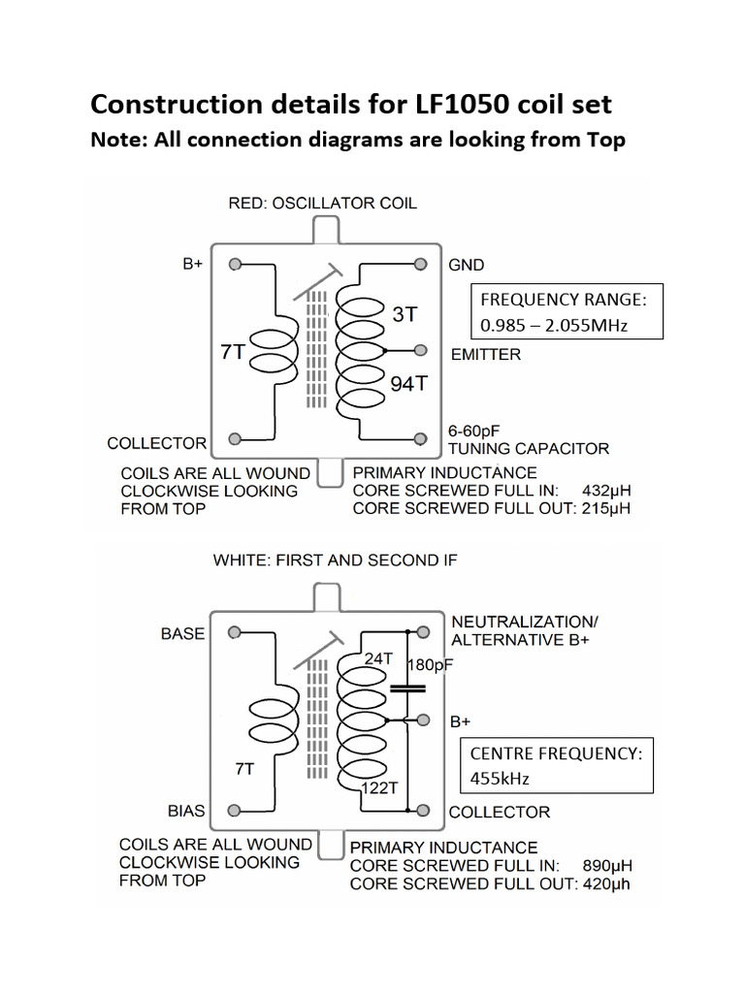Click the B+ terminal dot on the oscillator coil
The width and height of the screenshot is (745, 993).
pos(234,264)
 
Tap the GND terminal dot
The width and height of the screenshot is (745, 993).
pos(421,264)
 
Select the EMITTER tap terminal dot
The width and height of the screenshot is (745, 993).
pos(421,349)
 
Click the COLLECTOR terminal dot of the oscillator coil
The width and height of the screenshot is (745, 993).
pos(234,438)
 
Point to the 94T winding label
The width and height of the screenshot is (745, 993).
pos(408,384)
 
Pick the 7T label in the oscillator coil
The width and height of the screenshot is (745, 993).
pos(233,353)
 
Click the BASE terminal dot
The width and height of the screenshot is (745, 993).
pos(234,632)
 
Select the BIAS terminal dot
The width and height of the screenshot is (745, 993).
pos(234,810)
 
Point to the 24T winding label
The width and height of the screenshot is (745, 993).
pos(377,658)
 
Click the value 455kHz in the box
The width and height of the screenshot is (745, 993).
pos(503,779)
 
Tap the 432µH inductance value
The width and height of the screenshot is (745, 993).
pos(606,491)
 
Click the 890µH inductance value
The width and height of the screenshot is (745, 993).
pos(606,865)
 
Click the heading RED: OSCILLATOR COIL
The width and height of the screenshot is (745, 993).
pos(322,203)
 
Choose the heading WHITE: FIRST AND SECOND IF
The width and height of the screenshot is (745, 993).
pos(334,560)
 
